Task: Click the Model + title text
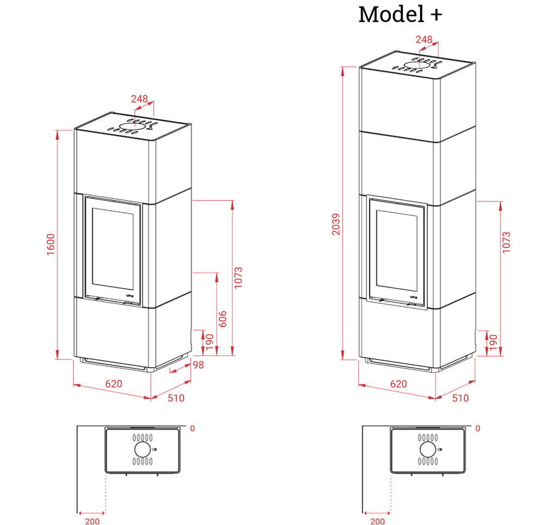pyautogui.click(x=400, y=15)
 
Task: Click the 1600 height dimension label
pyautogui.click(x=51, y=244)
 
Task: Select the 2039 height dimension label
pyautogui.click(x=336, y=224)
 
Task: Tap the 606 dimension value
pyautogui.click(x=222, y=319)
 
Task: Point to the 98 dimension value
pyautogui.click(x=199, y=365)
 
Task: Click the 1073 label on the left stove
pyautogui.click(x=238, y=278)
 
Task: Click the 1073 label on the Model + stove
pyautogui.click(x=507, y=243)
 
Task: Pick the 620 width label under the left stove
pyautogui.click(x=114, y=384)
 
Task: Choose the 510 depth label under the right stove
pyautogui.click(x=460, y=398)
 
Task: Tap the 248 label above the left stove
pyautogui.click(x=140, y=99)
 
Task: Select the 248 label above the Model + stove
pyautogui.click(x=424, y=39)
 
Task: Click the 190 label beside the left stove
pyautogui.click(x=210, y=341)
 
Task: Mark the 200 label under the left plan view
pyautogui.click(x=92, y=521)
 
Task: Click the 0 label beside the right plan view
pyautogui.click(x=478, y=428)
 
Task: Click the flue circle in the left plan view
pyautogui.click(x=143, y=450)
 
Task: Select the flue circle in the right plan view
pyautogui.click(x=428, y=450)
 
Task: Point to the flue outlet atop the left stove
pyautogui.click(x=132, y=126)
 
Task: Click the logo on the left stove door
pyautogui.click(x=130, y=295)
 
